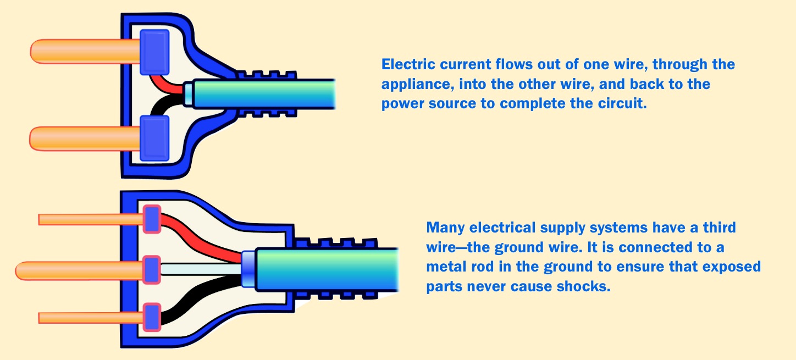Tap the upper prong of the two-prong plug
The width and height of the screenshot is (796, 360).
(82, 51)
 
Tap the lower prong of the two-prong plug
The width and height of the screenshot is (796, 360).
(82, 137)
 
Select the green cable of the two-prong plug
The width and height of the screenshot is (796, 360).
(264, 93)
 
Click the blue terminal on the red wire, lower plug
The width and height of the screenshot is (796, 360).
(152, 219)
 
